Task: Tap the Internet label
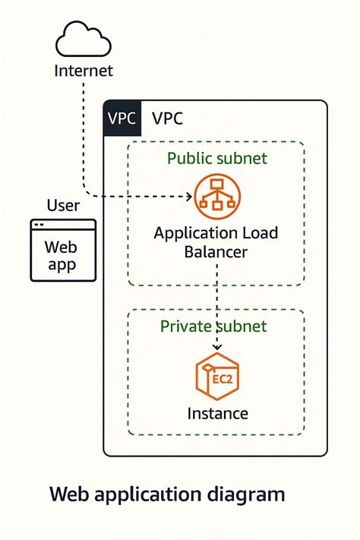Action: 83,71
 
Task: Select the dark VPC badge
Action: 122,118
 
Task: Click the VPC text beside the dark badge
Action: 167,118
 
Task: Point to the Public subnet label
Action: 216,158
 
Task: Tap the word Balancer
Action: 216,252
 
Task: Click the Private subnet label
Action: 213,326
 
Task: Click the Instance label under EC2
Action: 217,414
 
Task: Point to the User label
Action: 63,205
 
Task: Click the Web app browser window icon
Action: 63,251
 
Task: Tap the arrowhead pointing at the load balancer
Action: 189,196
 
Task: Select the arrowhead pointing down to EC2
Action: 217,347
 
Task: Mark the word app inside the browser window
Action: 63,266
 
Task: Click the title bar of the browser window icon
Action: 63,225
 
